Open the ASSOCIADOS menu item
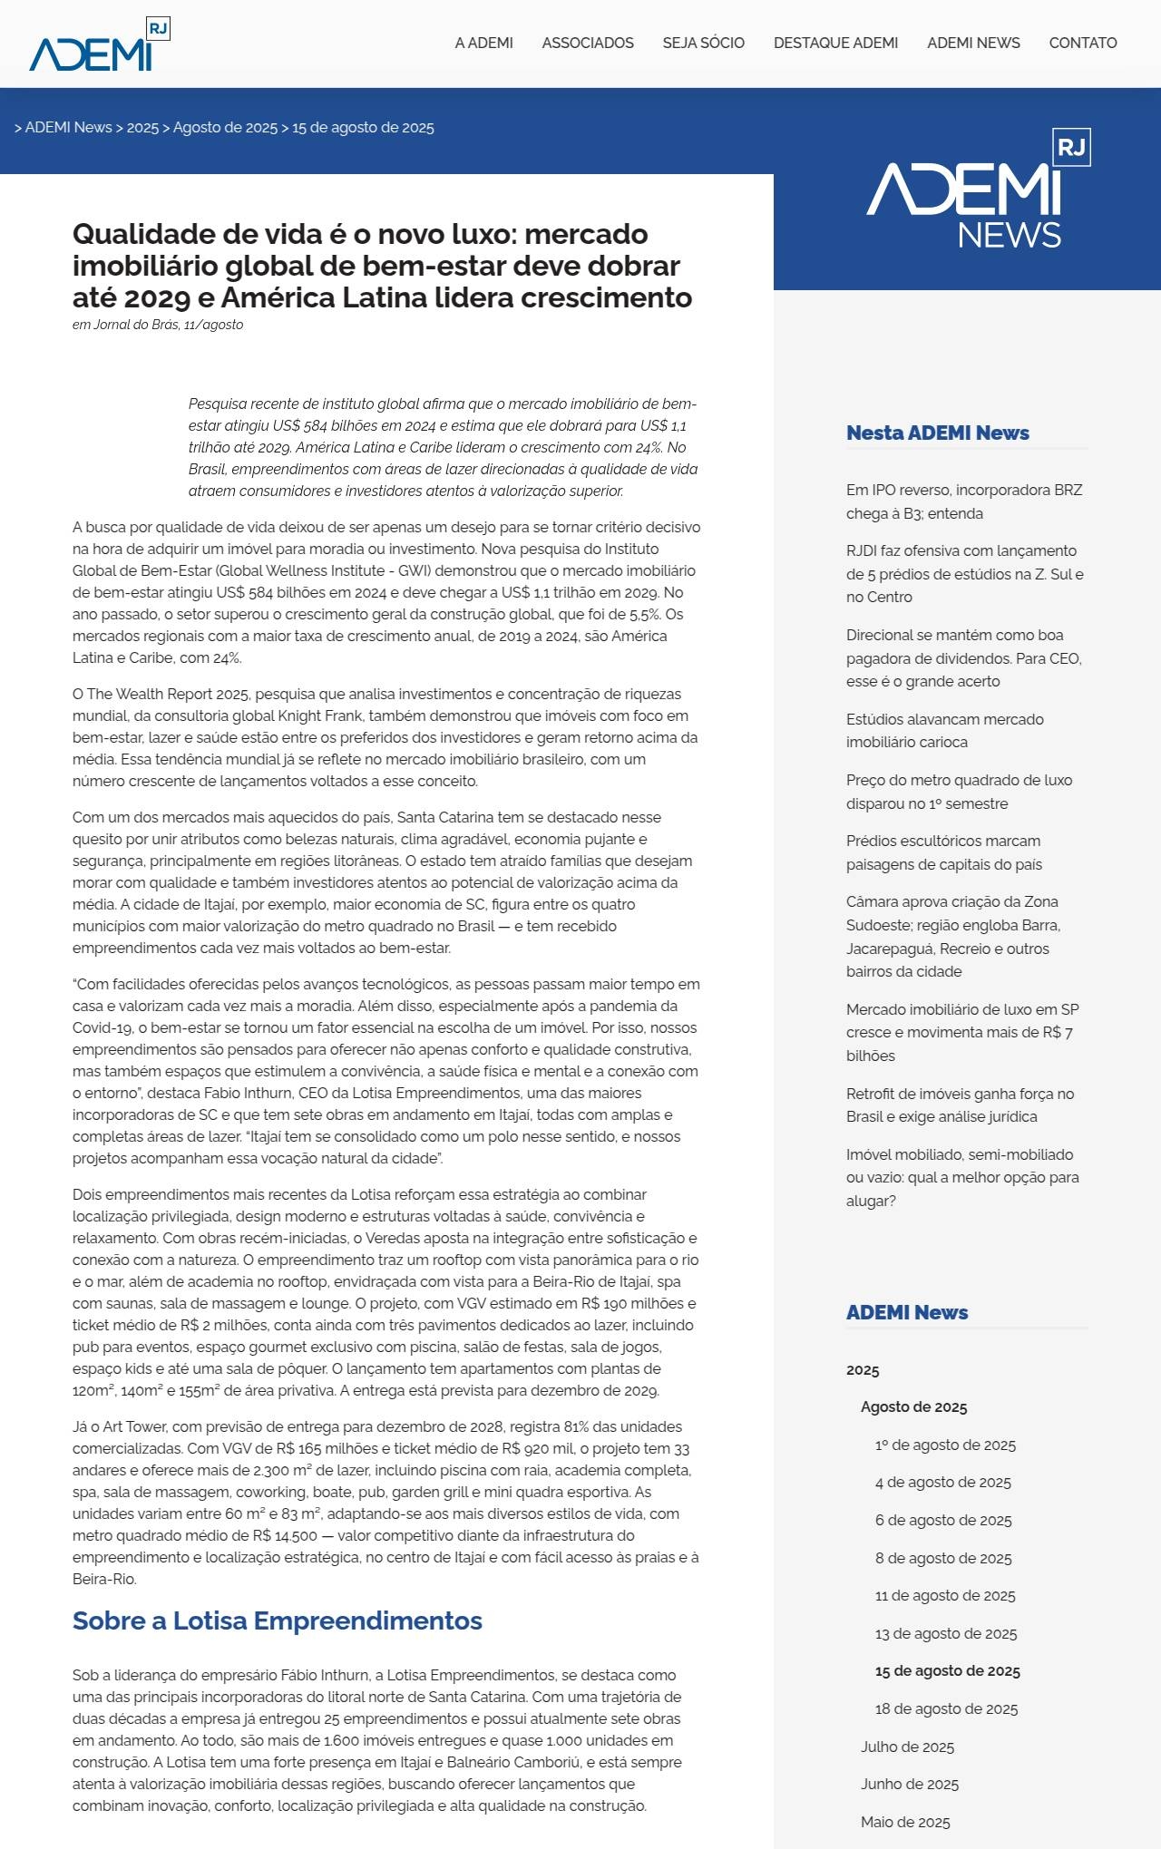pyautogui.click(x=588, y=43)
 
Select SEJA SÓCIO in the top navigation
pyautogui.click(x=703, y=43)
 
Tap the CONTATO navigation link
pyautogui.click(x=1082, y=43)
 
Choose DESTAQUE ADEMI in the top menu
pyautogui.click(x=835, y=43)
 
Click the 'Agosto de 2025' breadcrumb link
pyautogui.click(x=225, y=128)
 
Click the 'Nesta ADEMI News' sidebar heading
pyautogui.click(x=937, y=433)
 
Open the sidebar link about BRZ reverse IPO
pyautogui.click(x=963, y=501)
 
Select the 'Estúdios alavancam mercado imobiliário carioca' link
pyautogui.click(x=944, y=731)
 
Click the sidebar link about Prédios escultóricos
pyautogui.click(x=943, y=852)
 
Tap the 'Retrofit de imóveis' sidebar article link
pyautogui.click(x=960, y=1105)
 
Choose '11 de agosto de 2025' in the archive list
pyautogui.click(x=944, y=1595)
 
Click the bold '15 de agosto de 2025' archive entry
pyautogui.click(x=947, y=1670)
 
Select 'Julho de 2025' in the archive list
pyautogui.click(x=907, y=1747)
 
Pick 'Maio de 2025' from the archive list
pyautogui.click(x=905, y=1822)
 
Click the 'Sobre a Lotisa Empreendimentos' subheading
pyautogui.click(x=277, y=1620)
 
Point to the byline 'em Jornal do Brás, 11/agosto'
pyautogui.click(x=158, y=325)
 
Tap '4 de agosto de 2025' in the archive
pyautogui.click(x=942, y=1482)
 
